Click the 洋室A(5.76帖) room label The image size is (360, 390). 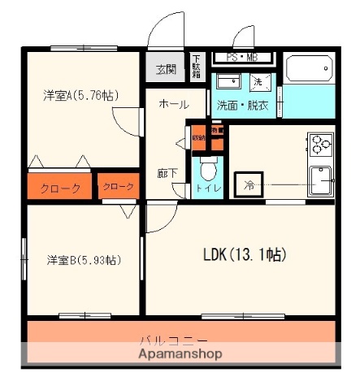coord(80,96)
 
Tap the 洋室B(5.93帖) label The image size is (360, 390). coord(84,261)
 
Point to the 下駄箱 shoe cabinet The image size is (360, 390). coord(197,67)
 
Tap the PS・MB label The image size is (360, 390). coord(242,58)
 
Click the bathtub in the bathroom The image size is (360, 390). coord(309,70)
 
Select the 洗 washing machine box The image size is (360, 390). coord(257,82)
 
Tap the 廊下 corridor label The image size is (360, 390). coord(167,172)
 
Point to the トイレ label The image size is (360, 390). coord(206,188)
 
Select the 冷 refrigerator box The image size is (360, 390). coord(248,184)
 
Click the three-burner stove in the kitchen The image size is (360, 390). coord(320,144)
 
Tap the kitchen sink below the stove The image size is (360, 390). coord(322,180)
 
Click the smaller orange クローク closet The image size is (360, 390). coord(119,187)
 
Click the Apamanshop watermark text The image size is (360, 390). coord(180,354)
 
